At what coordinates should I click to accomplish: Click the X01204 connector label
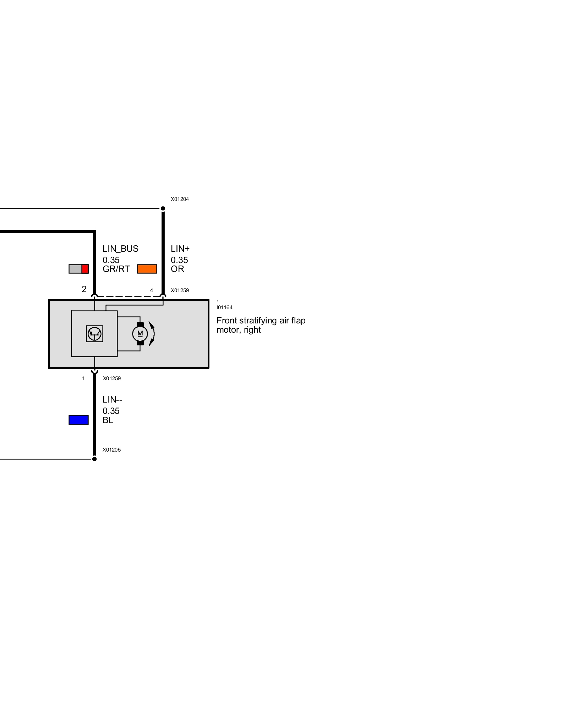(180, 199)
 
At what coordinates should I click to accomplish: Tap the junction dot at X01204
(163, 208)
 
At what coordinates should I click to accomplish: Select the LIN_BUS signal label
(120, 249)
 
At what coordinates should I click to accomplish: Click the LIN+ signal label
(180, 249)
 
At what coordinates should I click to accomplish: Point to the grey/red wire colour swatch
(78, 269)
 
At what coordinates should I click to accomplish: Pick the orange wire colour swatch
(147, 269)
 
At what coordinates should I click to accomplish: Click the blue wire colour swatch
(78, 420)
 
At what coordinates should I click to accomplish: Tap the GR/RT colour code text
(116, 269)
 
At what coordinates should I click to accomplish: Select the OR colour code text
(177, 269)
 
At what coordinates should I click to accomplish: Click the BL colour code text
(108, 420)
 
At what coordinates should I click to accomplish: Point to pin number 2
(84, 289)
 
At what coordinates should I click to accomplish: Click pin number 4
(152, 290)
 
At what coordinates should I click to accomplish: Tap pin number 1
(83, 378)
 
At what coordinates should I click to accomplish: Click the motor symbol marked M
(140, 334)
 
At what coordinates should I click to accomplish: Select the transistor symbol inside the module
(94, 334)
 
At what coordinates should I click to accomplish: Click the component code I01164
(224, 307)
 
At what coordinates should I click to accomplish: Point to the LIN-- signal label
(112, 400)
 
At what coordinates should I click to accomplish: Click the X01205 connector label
(111, 450)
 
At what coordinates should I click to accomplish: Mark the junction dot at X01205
(94, 459)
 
